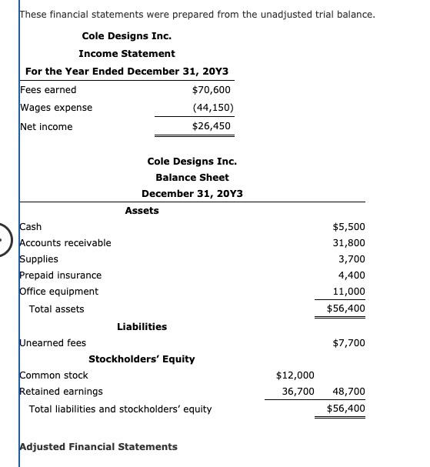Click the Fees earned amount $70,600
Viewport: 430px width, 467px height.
point(212,90)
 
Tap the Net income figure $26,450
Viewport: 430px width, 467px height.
point(212,126)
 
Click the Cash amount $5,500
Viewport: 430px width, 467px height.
point(348,227)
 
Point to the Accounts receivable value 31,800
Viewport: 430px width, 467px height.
point(350,243)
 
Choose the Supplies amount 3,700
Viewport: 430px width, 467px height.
point(352,259)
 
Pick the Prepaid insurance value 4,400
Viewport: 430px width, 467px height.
point(352,275)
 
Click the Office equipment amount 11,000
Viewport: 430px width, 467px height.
point(350,292)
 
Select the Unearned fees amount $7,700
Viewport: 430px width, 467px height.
point(348,343)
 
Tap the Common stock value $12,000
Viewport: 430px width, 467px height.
point(295,375)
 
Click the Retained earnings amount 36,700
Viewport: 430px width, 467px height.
point(298,392)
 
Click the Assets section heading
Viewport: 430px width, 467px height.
point(142,211)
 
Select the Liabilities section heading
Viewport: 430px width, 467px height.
point(142,327)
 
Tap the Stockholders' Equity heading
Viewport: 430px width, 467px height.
point(142,359)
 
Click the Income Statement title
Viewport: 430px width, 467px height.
point(126,54)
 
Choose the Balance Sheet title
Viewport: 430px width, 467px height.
point(192,178)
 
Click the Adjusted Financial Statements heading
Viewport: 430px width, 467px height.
point(98,447)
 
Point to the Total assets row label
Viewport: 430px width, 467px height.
point(56,309)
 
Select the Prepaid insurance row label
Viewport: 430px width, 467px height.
point(60,275)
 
